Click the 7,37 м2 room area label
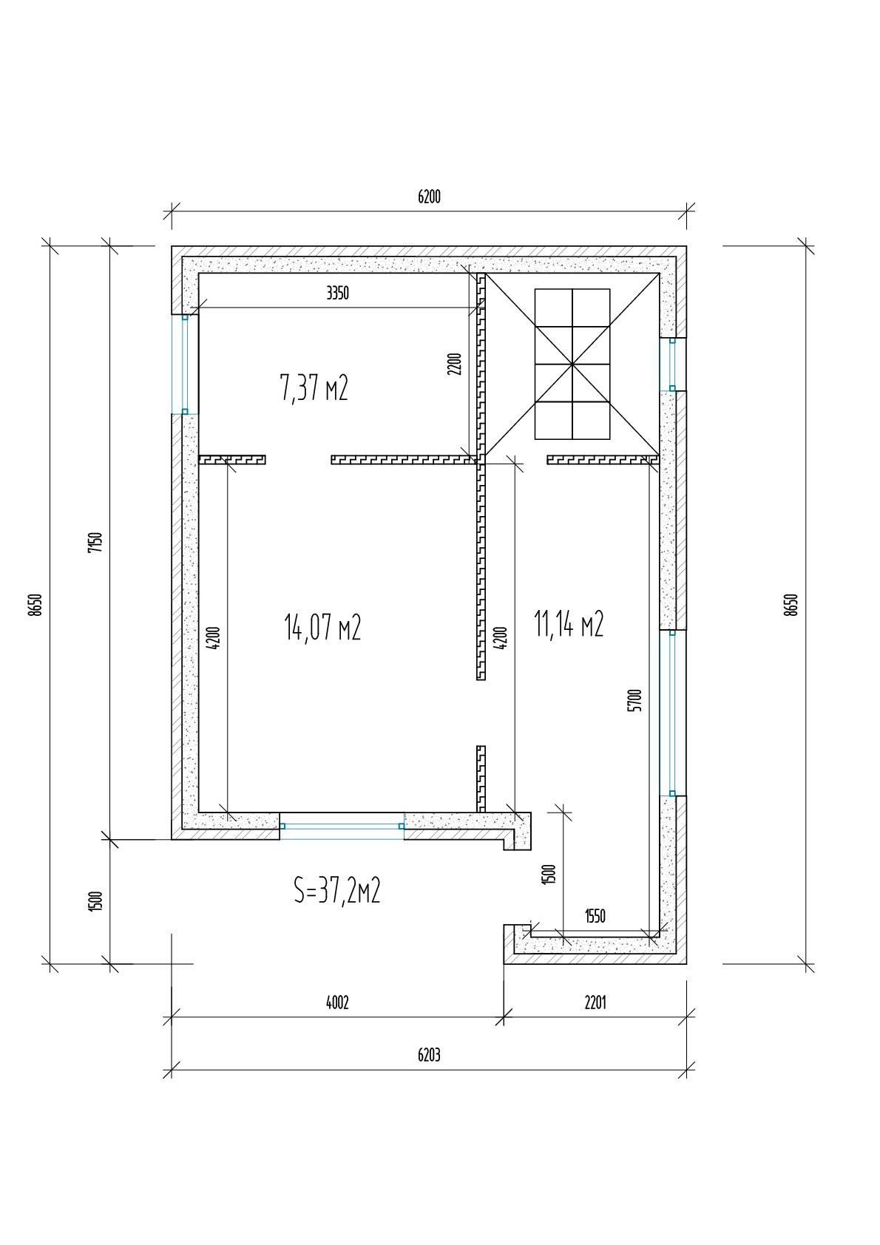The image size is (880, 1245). [314, 387]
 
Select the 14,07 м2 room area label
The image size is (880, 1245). [322, 628]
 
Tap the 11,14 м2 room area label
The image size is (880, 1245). [569, 623]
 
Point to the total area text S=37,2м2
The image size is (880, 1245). [337, 891]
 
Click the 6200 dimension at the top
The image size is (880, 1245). [429, 197]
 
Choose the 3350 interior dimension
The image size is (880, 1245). [337, 293]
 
